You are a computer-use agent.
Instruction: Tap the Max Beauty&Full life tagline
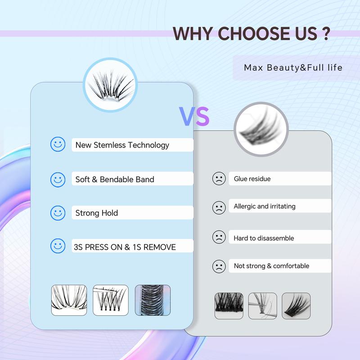point(293,68)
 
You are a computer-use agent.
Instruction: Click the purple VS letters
point(195,116)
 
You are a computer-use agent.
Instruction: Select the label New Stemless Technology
point(122,145)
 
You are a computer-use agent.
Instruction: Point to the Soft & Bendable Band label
point(115,179)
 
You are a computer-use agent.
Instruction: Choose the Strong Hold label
point(97,213)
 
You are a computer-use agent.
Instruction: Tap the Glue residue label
point(252,179)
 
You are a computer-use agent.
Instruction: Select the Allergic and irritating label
point(265,206)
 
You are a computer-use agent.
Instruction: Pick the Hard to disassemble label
point(264,238)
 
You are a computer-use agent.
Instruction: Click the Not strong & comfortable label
point(271,266)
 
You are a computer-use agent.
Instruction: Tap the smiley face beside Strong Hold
point(57,212)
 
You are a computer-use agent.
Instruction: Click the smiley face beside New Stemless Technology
point(57,144)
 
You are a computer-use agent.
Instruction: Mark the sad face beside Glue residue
point(219,179)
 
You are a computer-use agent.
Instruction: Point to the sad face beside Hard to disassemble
point(219,238)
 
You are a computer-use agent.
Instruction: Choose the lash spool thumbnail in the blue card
point(153,300)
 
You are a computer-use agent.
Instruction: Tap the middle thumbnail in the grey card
point(262,306)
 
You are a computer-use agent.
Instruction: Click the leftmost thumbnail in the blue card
point(69,300)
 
